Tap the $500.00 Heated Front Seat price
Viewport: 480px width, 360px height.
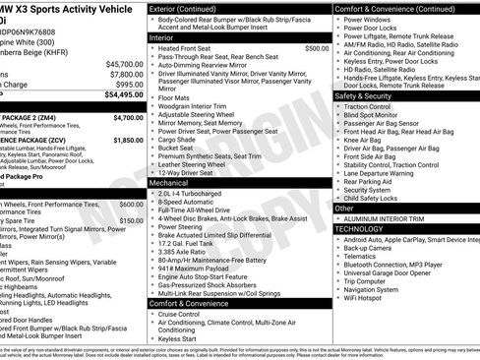pyautogui.click(x=317, y=47)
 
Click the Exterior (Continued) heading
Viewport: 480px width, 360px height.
pyautogui.click(x=191, y=8)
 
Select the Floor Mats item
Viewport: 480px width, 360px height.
pyautogui.click(x=174, y=98)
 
